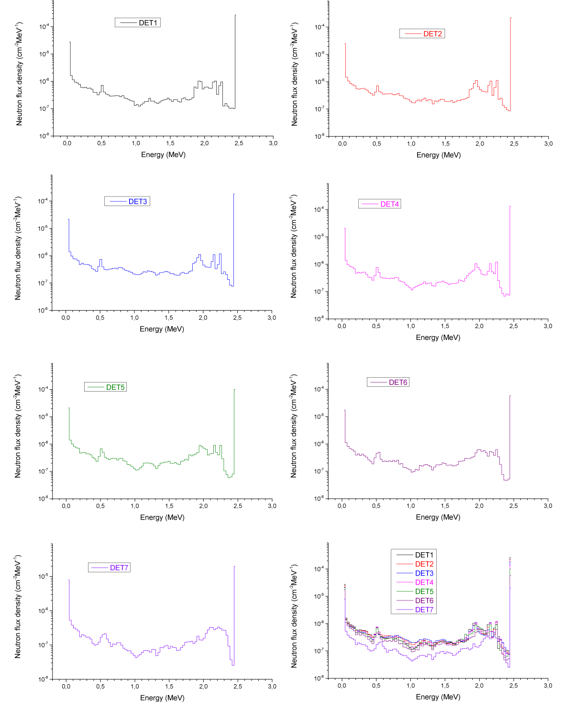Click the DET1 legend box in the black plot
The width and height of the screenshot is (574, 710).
[138, 22]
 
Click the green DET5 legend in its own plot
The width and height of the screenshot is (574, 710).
[106, 387]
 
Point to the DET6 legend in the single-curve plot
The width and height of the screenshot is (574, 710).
[388, 382]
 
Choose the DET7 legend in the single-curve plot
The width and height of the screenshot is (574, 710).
[109, 568]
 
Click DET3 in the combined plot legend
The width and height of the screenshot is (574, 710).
[424, 573]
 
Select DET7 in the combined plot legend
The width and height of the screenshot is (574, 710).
[424, 610]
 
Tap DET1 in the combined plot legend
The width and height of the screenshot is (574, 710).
[424, 555]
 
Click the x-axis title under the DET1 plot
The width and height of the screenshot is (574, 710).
[163, 154]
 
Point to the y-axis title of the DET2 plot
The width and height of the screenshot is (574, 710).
[295, 74]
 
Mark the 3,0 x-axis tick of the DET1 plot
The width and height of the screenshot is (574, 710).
[273, 143]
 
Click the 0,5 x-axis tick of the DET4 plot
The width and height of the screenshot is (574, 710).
[376, 326]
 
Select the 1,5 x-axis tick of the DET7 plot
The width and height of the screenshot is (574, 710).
[169, 686]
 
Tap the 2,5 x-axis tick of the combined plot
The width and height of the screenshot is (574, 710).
[514, 685]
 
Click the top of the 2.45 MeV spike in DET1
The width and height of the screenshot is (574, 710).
[235, 15]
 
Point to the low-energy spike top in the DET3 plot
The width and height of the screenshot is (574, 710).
[68, 219]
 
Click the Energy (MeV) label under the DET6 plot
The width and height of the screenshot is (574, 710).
[438, 517]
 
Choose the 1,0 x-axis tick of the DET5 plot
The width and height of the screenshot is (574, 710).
[135, 506]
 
